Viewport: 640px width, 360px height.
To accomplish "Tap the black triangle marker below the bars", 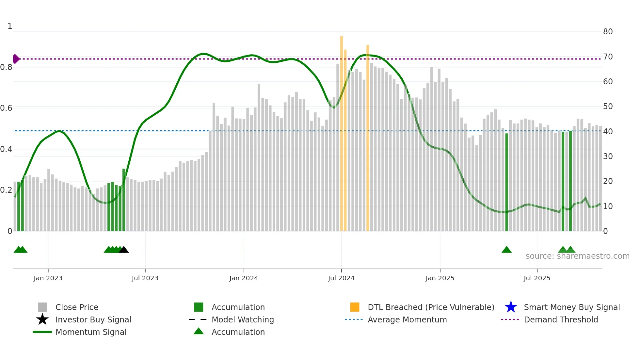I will (x=124, y=250).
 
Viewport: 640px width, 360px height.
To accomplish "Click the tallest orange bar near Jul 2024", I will (x=342, y=131).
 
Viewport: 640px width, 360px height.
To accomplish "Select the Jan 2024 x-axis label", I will (x=244, y=278).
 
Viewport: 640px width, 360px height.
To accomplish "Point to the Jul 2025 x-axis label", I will (x=537, y=278).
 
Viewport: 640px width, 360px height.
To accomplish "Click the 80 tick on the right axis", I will (x=608, y=32).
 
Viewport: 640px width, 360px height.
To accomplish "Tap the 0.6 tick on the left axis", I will (x=6, y=108).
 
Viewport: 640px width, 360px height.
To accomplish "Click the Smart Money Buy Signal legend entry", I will (x=571, y=307).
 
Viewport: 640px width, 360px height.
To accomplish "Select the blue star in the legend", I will (x=511, y=307).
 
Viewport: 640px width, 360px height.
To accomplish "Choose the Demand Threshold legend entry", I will (x=561, y=319).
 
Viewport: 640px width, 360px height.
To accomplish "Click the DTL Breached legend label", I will (x=431, y=307).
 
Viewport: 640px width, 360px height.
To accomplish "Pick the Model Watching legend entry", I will (x=243, y=319).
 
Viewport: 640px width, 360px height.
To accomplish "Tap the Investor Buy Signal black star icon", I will (x=42, y=319).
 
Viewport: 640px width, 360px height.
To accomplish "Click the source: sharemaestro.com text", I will (x=577, y=256).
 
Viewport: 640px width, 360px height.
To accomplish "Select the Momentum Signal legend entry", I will (x=91, y=332).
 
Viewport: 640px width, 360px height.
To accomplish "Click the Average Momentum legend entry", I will (x=407, y=319).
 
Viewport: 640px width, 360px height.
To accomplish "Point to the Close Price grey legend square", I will (x=42, y=307).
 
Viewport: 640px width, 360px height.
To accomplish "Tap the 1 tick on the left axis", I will (x=10, y=26).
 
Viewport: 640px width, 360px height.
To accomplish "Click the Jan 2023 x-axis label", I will (x=48, y=278).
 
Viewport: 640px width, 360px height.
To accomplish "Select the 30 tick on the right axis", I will (x=608, y=156).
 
